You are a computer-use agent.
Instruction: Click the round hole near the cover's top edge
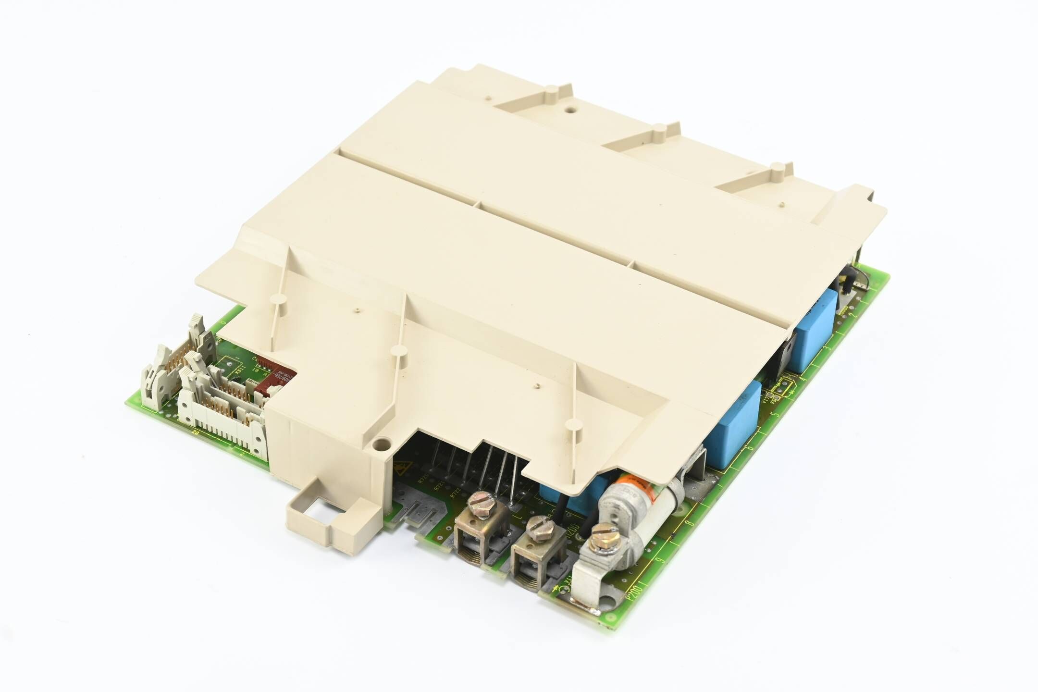click(570, 109)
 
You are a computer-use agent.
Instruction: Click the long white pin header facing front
click(221, 418)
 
